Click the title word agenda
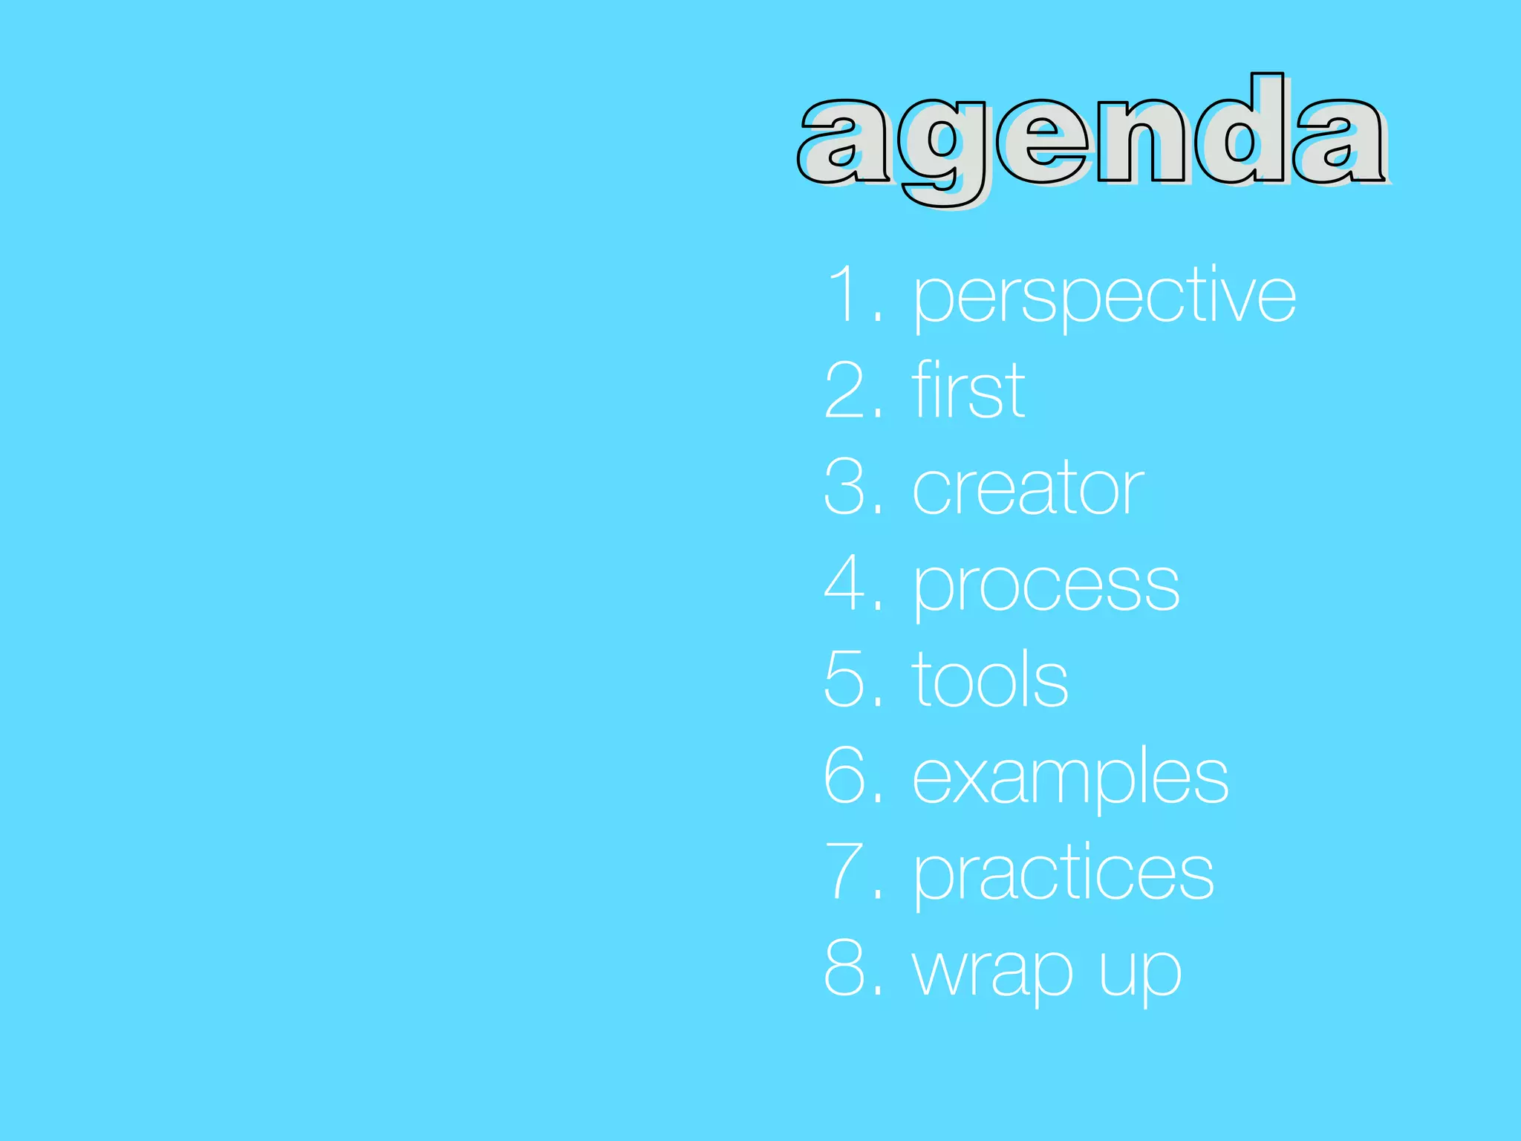point(1092,137)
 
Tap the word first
point(968,391)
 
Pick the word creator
point(1028,488)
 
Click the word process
point(1046,587)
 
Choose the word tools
point(990,680)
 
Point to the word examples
point(1070,778)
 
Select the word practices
point(1064,874)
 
